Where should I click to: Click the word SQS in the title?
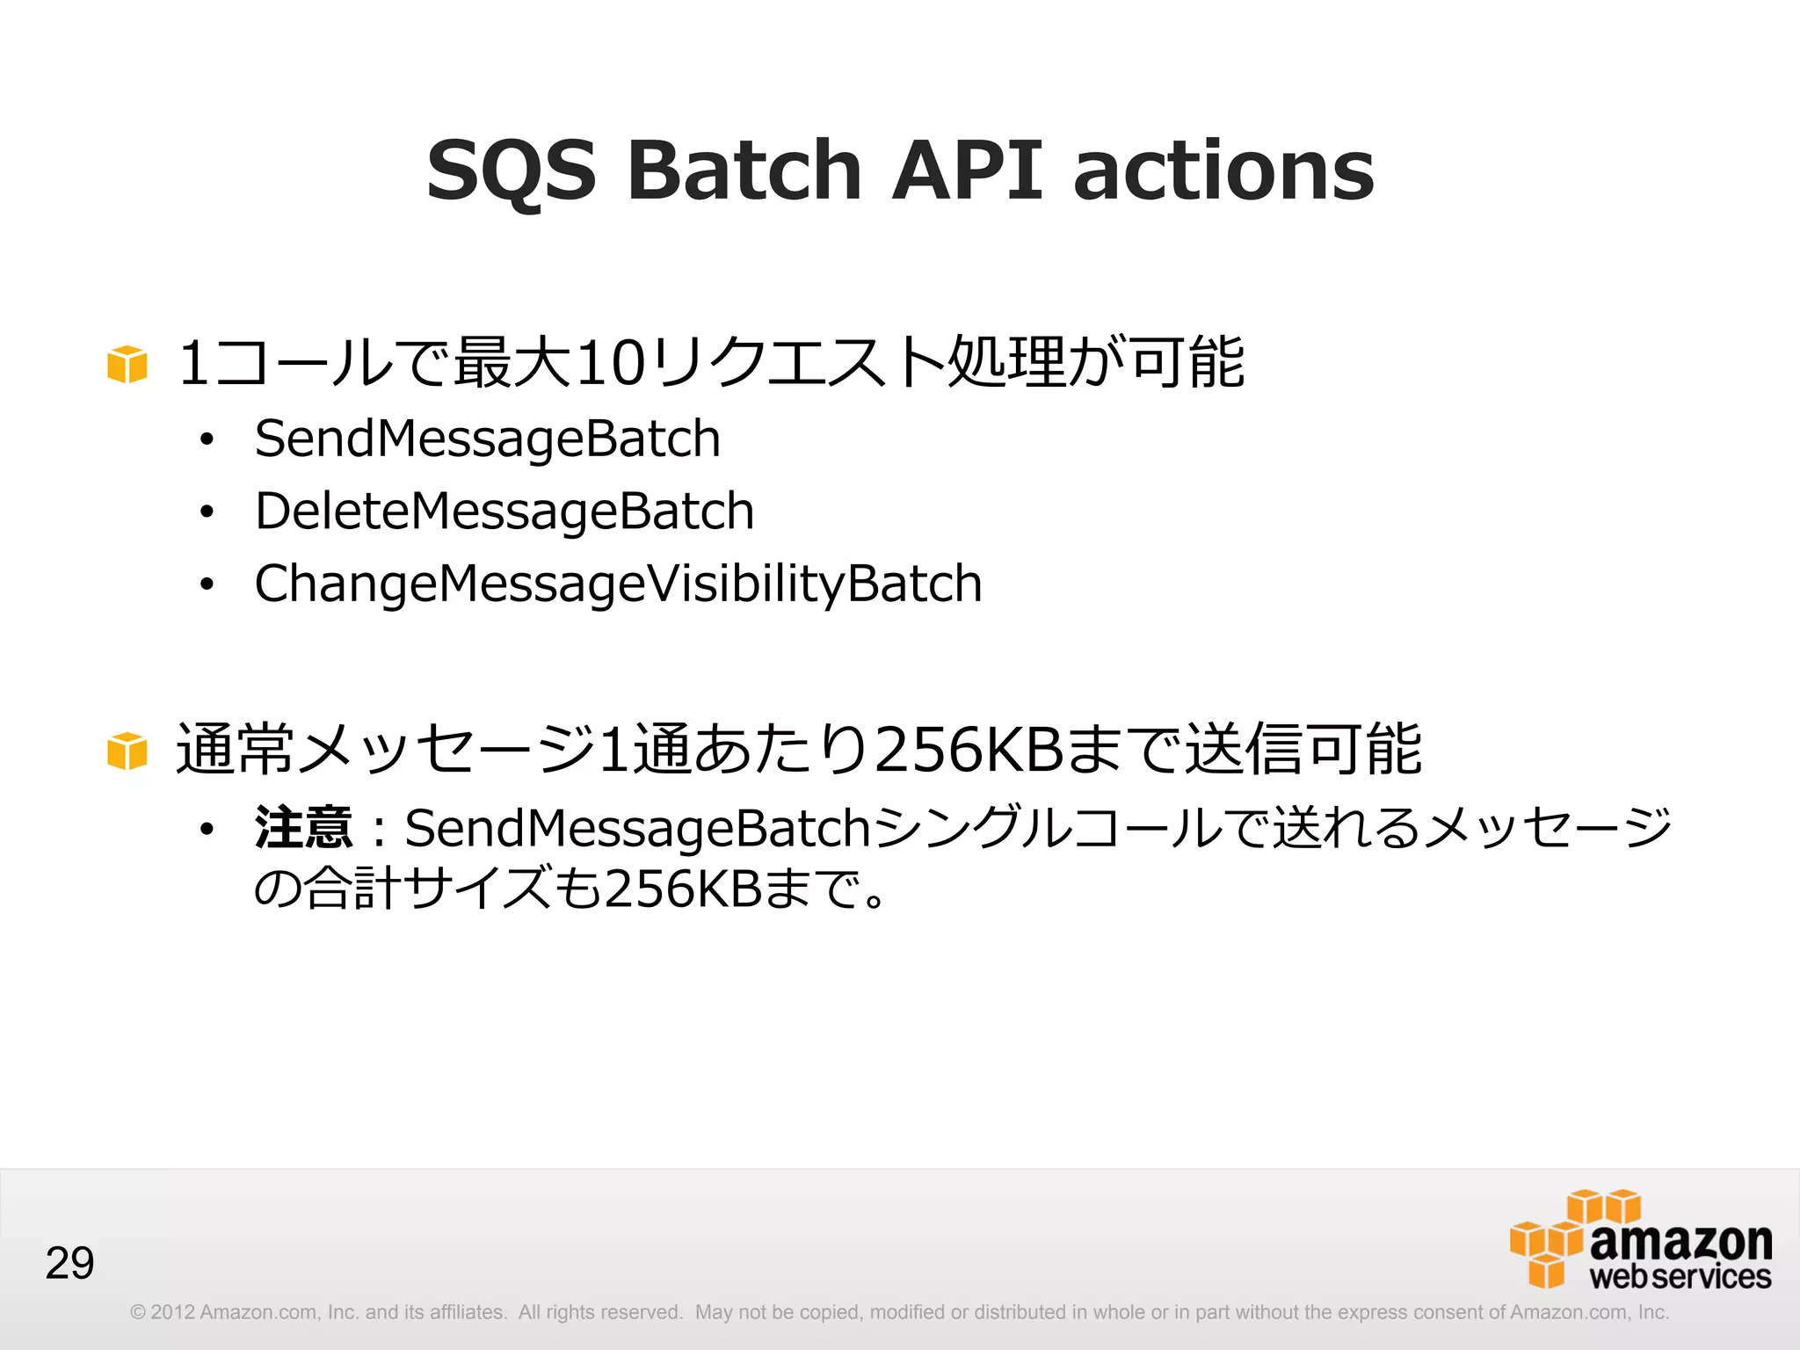(511, 171)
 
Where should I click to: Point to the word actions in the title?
(1223, 171)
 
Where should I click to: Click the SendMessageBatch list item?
(487, 439)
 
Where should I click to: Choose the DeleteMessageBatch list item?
(504, 511)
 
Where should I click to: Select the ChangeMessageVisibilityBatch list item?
(618, 584)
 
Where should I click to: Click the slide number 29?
(69, 1264)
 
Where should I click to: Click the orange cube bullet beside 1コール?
(127, 364)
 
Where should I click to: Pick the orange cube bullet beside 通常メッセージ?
(127, 751)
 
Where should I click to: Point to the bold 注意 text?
(303, 828)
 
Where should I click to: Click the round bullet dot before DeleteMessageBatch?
(207, 512)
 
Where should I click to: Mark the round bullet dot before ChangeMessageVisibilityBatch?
(207, 584)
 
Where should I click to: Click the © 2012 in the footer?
(162, 1312)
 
